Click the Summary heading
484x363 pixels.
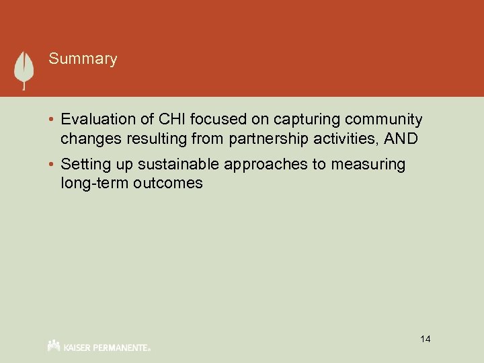point(83,59)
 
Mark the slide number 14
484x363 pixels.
point(425,339)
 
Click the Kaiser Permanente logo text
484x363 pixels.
point(108,348)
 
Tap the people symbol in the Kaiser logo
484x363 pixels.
point(54,346)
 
